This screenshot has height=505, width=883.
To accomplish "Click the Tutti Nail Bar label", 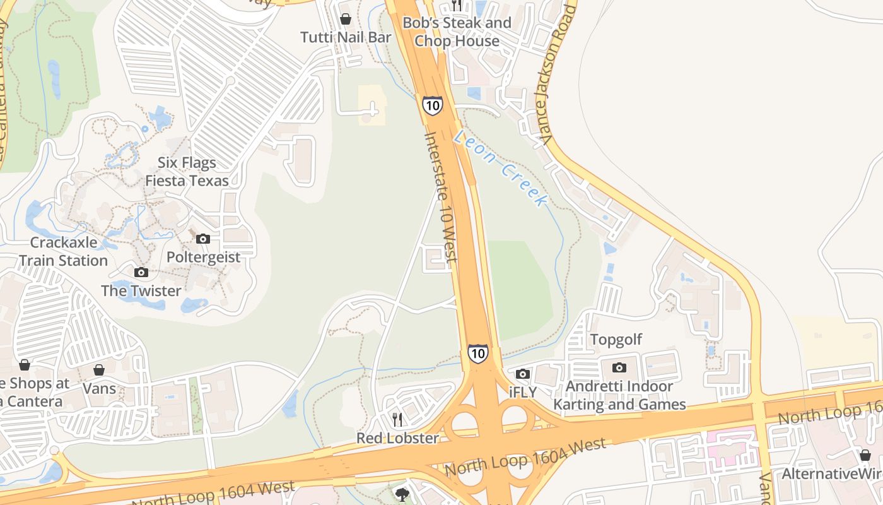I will (346, 37).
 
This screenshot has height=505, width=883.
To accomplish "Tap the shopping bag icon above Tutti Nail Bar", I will (345, 19).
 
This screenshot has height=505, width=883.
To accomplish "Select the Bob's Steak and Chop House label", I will (457, 32).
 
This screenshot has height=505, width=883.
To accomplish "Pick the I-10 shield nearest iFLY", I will (477, 353).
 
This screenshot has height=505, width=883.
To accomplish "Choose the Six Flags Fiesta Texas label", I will (187, 172).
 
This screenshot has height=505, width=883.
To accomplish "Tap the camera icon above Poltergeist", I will (202, 239).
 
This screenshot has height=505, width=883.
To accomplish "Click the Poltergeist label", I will (203, 258).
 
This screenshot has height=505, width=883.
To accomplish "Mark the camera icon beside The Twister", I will (141, 272).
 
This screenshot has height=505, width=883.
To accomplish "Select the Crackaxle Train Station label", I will (63, 251).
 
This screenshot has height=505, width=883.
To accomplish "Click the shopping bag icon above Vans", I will (99, 369).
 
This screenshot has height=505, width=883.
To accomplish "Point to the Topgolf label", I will (616, 340).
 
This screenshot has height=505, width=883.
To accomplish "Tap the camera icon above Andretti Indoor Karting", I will (619, 367).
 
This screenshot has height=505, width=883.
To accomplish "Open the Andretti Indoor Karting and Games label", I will (619, 395).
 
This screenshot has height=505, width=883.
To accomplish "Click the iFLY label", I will (522, 392).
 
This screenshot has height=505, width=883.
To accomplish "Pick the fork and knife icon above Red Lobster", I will (397, 419).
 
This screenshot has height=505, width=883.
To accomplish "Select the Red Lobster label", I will (397, 438).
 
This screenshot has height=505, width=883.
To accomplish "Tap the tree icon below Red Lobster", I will (402, 494).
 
